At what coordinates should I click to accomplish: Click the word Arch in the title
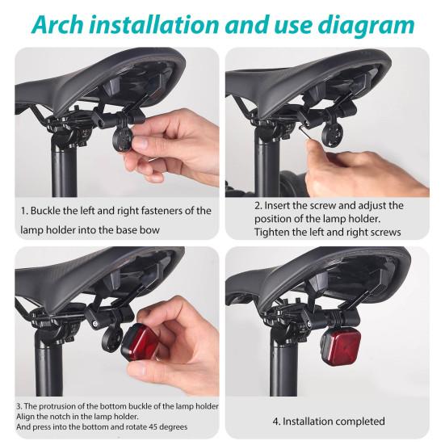point(58,25)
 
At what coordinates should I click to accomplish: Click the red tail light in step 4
point(341,346)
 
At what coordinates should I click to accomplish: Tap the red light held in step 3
point(141,342)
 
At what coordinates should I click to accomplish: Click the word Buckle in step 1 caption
point(45,211)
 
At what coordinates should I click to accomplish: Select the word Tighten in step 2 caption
point(272,232)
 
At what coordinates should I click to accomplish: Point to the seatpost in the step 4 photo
point(283,366)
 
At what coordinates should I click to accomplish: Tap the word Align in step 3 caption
point(23,417)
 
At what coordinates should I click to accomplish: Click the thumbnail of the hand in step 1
point(141,142)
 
